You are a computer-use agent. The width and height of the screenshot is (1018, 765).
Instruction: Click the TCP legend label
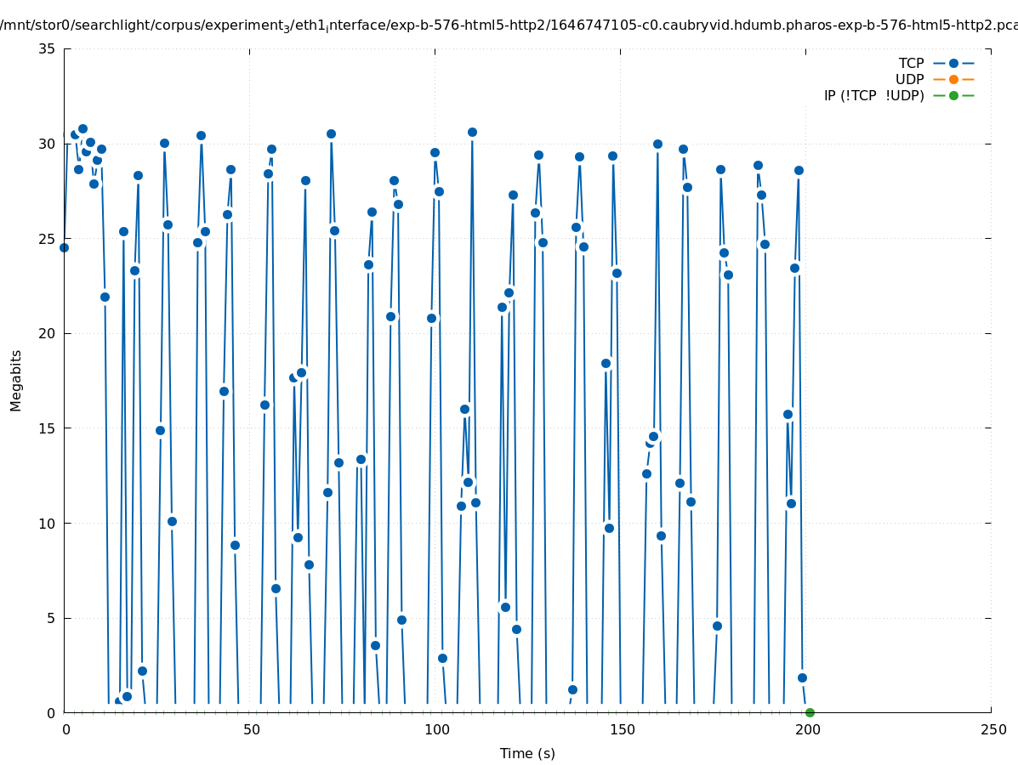[912, 64]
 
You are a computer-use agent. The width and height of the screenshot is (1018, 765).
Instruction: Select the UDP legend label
[910, 80]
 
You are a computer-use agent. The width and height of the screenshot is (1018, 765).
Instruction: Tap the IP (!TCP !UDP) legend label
[873, 96]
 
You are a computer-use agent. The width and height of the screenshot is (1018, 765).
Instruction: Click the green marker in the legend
[953, 96]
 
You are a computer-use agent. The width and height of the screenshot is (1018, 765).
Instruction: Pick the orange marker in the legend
[953, 80]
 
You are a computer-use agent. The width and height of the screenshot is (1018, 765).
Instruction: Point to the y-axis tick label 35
[48, 49]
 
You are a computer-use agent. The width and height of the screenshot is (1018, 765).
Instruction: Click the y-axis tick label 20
[48, 334]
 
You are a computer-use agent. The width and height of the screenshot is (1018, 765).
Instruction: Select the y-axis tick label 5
[51, 619]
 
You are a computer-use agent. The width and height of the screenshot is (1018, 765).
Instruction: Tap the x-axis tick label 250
[992, 730]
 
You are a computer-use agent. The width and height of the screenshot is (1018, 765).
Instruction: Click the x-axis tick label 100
[435, 730]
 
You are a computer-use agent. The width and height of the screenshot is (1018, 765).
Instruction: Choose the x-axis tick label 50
[250, 730]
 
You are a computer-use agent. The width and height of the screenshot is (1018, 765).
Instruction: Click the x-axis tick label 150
[621, 730]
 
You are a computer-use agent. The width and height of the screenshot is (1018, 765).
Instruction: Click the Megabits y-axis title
[16, 380]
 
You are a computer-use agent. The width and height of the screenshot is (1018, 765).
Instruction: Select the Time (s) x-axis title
[527, 754]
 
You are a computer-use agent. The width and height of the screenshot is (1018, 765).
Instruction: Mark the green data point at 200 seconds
[810, 712]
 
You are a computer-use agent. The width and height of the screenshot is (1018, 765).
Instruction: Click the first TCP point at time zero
[64, 247]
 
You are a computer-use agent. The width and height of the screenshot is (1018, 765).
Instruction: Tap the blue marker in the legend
[953, 64]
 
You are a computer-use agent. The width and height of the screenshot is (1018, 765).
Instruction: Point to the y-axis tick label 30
[48, 144]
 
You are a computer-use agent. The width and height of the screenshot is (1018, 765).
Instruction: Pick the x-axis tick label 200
[806, 730]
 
